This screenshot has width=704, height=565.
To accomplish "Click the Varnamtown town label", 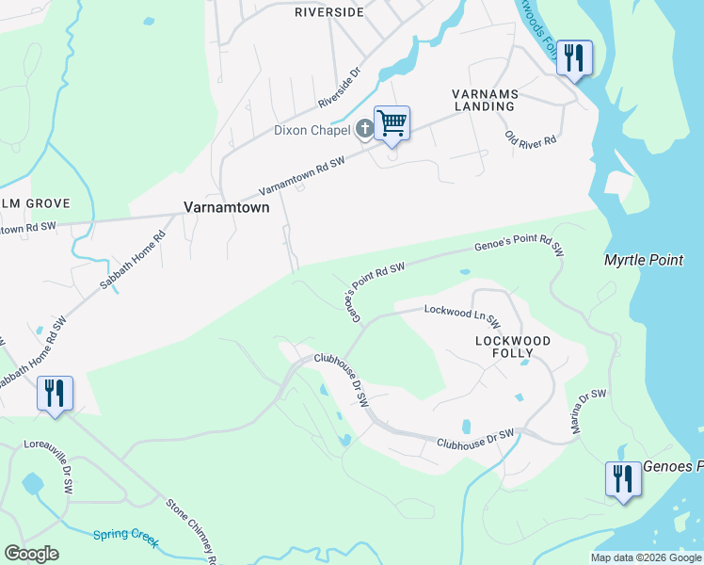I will (x=226, y=206).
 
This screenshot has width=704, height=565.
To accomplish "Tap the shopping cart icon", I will (x=392, y=122).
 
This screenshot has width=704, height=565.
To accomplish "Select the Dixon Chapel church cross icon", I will (x=365, y=129).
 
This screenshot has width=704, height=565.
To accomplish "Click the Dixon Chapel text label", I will (x=312, y=130).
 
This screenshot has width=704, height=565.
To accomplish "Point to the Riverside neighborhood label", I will (x=328, y=12).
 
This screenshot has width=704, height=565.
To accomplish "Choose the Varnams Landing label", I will (x=483, y=100).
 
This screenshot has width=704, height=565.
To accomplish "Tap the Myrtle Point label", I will (x=644, y=259).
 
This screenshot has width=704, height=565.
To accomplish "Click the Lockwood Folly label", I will (x=512, y=346).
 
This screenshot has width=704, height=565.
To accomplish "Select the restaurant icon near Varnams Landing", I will (x=573, y=57).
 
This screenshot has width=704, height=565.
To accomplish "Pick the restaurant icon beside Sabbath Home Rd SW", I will (x=55, y=393).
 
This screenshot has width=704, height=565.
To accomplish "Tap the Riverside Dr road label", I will (x=340, y=87).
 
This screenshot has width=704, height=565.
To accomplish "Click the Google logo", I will (x=31, y=554).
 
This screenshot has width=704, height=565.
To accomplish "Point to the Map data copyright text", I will (x=646, y=557).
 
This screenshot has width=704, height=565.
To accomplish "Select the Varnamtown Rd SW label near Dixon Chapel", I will (x=301, y=174).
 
